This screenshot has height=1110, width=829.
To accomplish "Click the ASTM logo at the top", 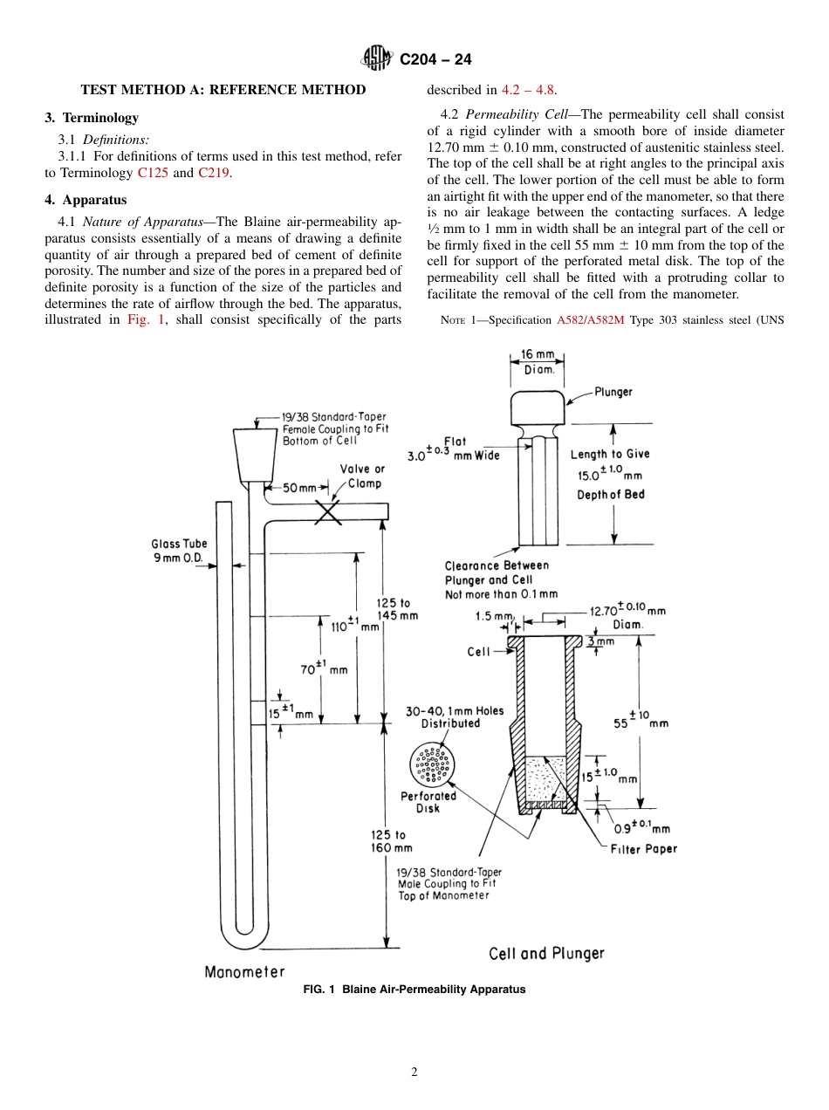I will [378, 59].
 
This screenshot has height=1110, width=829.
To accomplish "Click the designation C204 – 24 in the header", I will [435, 59].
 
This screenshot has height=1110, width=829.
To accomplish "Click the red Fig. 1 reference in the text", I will [145, 319].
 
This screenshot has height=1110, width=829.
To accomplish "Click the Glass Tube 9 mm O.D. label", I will [179, 551].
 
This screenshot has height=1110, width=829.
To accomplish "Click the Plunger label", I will [613, 392].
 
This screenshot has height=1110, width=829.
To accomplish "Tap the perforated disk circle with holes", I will [432, 765].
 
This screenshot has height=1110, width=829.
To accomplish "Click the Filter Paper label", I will [643, 848].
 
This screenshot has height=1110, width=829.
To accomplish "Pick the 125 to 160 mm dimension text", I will [391, 841].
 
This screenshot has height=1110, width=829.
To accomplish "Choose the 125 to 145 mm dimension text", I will [396, 609].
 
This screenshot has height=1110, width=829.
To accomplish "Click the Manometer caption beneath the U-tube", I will [244, 971].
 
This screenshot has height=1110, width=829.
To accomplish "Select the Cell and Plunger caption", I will [546, 953].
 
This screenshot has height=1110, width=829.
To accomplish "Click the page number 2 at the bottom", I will [414, 1072].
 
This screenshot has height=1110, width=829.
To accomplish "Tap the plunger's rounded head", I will [538, 408].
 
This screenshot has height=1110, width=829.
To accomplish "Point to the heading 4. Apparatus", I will [86, 200].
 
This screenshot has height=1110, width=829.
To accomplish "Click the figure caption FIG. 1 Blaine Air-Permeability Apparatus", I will [414, 990].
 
